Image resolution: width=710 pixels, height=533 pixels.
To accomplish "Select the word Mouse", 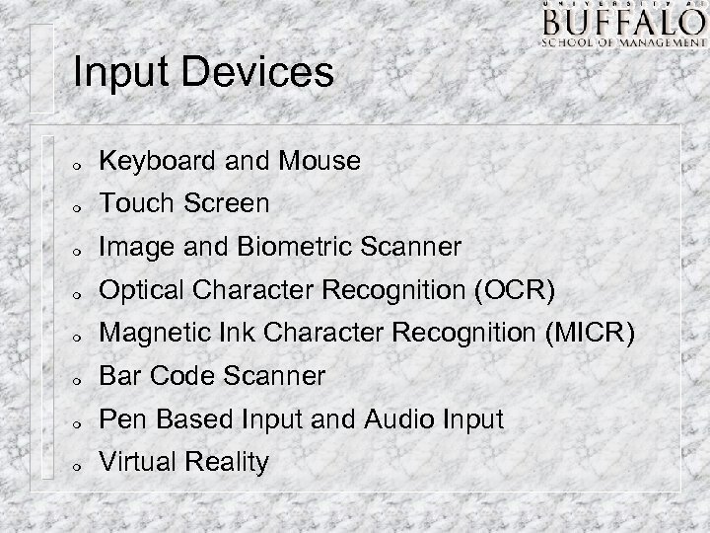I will click(320, 160).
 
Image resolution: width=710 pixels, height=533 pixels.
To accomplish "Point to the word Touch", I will click(132, 203).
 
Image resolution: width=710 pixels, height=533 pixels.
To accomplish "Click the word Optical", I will click(138, 290).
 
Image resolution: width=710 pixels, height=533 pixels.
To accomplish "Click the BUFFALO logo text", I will click(621, 23).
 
